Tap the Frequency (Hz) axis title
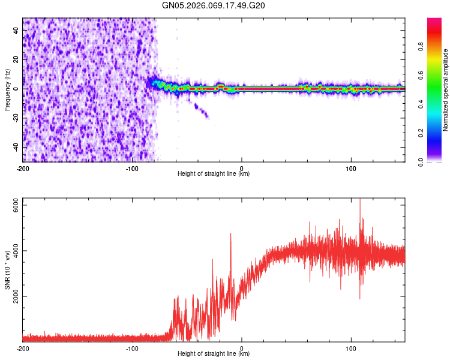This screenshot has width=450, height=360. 7,89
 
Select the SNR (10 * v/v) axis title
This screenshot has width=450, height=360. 7,271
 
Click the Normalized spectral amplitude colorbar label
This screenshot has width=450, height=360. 446,89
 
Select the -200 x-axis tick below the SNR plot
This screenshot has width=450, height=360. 23,349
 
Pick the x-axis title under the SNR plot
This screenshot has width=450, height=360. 214,355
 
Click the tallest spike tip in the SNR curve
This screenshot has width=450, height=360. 360,199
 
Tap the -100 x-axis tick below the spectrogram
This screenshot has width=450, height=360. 132,169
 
